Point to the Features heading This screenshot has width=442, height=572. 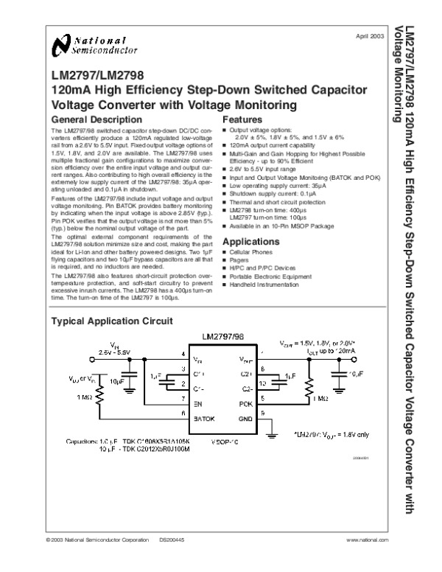pyautogui.click(x=242, y=119)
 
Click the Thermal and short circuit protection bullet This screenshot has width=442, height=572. pyautogui.click(x=273, y=201)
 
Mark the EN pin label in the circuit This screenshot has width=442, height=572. pyautogui.click(x=197, y=405)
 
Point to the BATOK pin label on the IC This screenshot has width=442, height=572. pyautogui.click(x=204, y=418)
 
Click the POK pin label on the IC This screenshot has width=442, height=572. pyautogui.click(x=247, y=405)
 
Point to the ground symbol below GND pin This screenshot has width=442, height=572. pyautogui.click(x=273, y=436)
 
